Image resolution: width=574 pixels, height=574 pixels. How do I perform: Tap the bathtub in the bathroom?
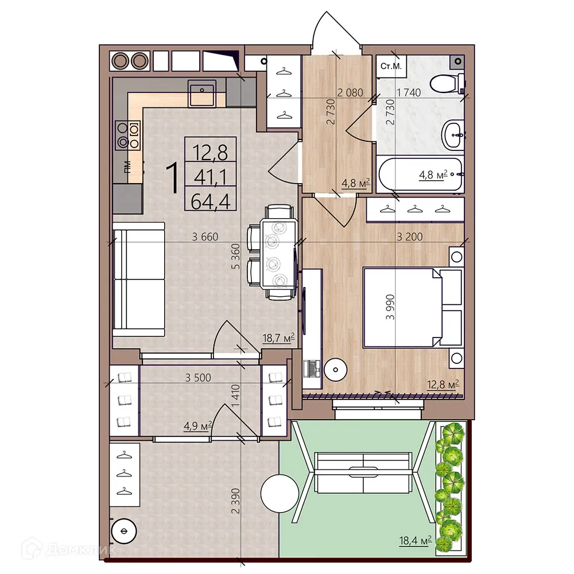click(x=420, y=175)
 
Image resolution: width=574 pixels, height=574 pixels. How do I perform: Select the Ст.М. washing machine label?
click(x=391, y=66)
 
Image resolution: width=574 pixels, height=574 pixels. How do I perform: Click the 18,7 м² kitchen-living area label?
click(x=279, y=337)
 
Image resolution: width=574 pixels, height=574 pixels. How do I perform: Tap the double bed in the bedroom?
click(x=412, y=308)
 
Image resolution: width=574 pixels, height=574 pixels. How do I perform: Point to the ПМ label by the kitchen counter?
click(x=128, y=166)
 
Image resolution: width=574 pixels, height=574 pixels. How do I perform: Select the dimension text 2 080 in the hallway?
click(x=350, y=92)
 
